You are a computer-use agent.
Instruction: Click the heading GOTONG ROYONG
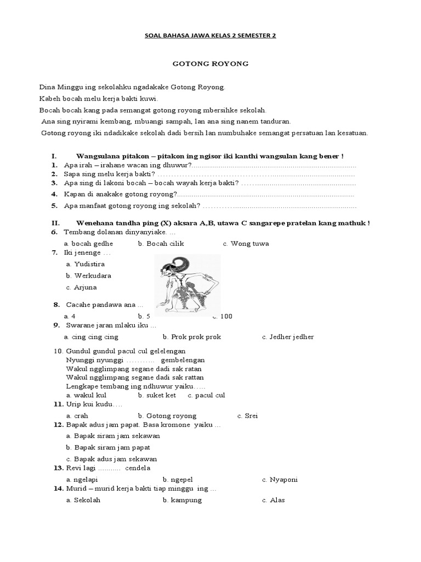210,64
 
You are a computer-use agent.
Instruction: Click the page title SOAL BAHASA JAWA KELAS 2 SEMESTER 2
210,36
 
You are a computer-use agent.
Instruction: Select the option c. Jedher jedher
288,337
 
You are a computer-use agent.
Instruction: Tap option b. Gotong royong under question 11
167,415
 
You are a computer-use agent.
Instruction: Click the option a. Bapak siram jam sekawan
112,436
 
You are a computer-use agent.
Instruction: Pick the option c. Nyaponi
280,479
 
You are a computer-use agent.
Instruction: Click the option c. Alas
273,500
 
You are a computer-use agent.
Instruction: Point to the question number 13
58,468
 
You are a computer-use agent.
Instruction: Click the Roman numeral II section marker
55,223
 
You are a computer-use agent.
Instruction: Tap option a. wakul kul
86,395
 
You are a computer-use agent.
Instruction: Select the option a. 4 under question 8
70,316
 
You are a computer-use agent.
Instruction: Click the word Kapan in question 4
73,194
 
